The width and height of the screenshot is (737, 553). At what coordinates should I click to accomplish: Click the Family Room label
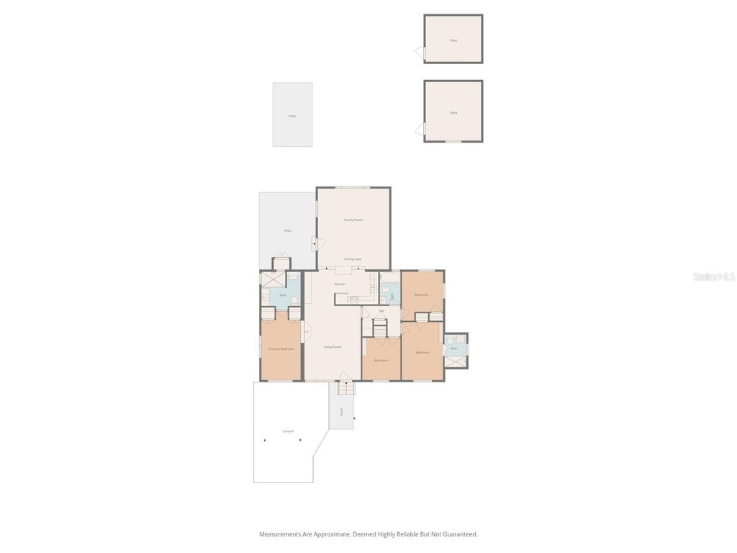[353, 220]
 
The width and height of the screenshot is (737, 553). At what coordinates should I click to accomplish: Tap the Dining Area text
[353, 258]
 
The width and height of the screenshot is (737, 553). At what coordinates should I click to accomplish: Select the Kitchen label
[340, 284]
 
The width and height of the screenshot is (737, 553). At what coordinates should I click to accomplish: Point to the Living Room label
[333, 347]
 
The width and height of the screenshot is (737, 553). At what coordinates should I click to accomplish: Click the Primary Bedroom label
[281, 349]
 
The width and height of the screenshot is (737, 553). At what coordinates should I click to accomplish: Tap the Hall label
[381, 311]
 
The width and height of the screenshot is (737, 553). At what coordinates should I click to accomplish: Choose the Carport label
[288, 431]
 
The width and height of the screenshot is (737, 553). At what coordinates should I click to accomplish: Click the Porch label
[342, 412]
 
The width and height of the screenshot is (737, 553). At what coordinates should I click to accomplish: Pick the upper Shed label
[453, 40]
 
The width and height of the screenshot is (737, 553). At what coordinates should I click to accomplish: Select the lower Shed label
[453, 112]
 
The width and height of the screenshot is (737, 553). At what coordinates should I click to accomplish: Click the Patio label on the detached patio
[292, 116]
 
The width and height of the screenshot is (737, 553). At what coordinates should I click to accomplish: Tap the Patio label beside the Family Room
[287, 230]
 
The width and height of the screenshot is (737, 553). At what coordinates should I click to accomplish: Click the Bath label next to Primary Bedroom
[283, 295]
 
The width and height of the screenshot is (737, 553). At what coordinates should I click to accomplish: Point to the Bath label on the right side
[454, 349]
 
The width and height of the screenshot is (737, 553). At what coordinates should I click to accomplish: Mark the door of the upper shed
[420, 53]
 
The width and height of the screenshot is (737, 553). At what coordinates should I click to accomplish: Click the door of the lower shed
[420, 129]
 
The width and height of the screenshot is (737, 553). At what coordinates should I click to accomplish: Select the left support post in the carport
[264, 440]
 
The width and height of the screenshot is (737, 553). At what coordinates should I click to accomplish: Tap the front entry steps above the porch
[346, 389]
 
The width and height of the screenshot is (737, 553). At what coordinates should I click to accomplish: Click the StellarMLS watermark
[713, 276]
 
